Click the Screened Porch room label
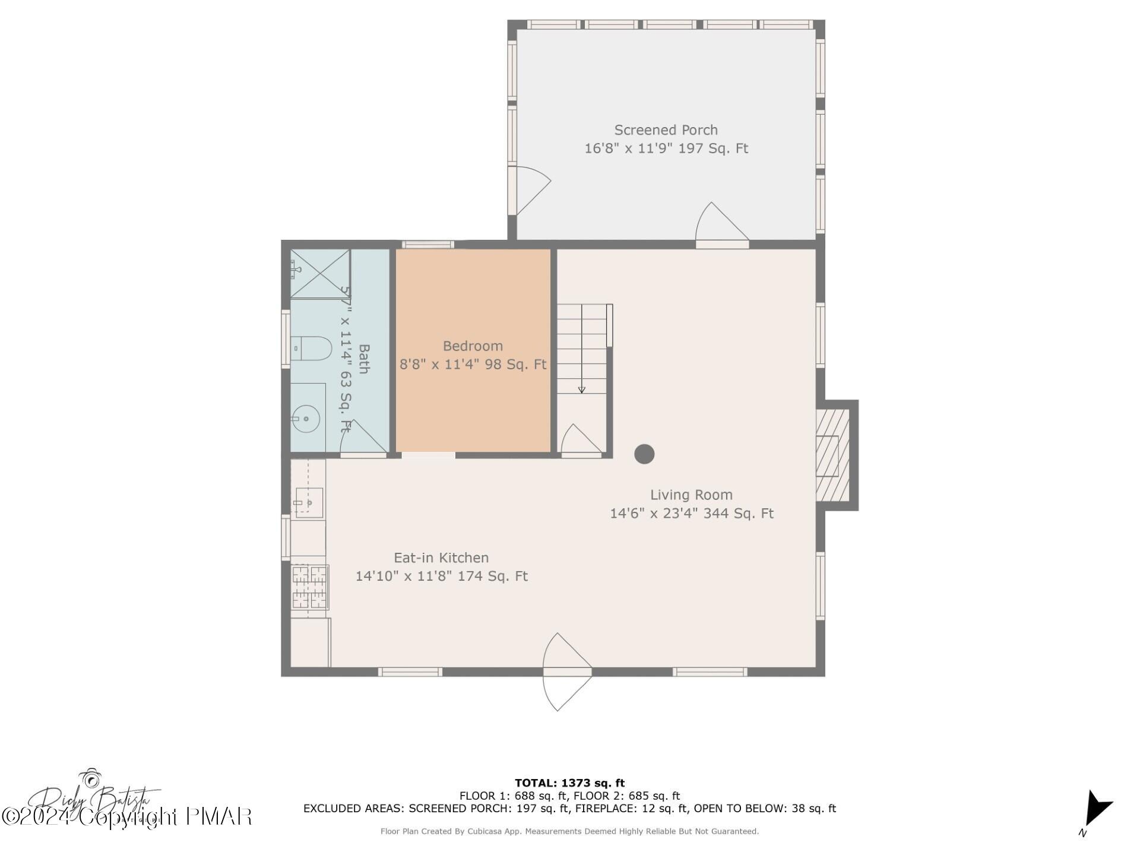coord(666,130)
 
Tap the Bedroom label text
coord(473,346)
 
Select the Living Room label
coord(691,495)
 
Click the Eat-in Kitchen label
coord(441,558)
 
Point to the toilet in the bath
coord(311,349)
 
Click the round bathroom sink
coord(307,419)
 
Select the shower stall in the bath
coord(319,273)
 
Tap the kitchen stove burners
coord(309,587)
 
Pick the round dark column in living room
coord(644,454)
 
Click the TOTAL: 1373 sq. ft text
coord(569,783)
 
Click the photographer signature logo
coord(95,799)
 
